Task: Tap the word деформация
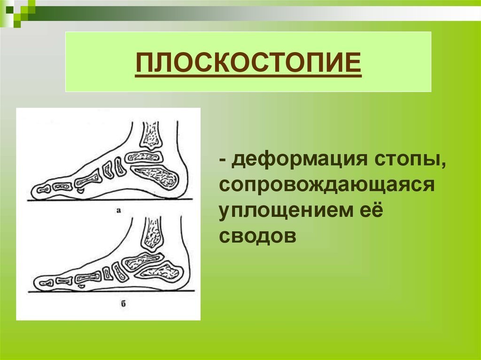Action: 299,161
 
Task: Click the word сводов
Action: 258,236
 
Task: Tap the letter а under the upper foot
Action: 119,210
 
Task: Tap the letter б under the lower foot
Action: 124,304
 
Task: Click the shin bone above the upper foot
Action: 151,135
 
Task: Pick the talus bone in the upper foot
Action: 144,158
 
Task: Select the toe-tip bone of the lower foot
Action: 46,283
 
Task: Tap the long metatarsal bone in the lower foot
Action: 88,278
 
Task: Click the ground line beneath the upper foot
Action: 110,200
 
